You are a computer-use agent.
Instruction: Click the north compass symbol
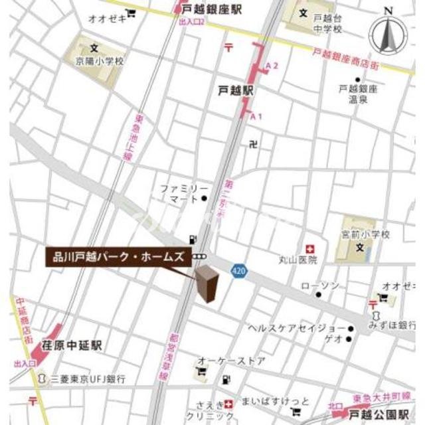(x=388, y=33)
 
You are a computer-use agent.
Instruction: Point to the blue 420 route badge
(x=240, y=271)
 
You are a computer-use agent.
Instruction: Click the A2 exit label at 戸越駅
(x=271, y=65)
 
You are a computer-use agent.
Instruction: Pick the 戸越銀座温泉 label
(x=358, y=94)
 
